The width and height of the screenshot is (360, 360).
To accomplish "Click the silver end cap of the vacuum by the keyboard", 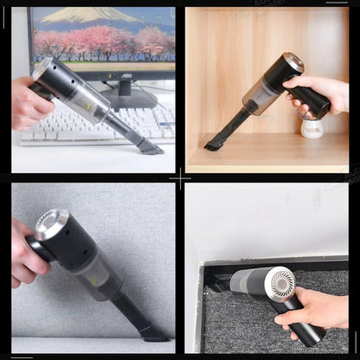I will tap(42, 69).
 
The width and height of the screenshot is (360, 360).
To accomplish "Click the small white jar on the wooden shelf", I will tap(312, 129).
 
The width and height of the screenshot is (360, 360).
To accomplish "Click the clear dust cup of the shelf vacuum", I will tap(261, 96).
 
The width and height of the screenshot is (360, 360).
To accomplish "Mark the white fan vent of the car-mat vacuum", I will tap(281, 284).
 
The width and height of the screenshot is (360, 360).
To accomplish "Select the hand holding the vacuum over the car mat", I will tap(312, 308).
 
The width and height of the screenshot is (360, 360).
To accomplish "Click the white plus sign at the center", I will tap(180, 179).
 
